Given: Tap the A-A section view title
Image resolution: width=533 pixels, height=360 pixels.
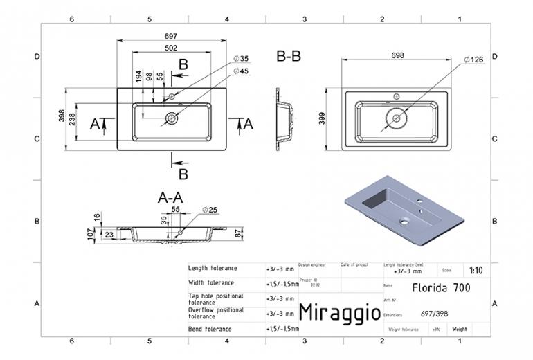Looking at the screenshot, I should [170, 197].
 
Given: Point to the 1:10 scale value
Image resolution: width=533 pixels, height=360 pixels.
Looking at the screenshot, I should [476, 271].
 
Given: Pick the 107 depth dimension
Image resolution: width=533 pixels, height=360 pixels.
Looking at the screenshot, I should [89, 235].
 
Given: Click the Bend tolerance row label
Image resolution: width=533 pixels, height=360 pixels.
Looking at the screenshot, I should [210, 329].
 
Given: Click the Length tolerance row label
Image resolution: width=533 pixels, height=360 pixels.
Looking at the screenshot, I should [213, 269].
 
